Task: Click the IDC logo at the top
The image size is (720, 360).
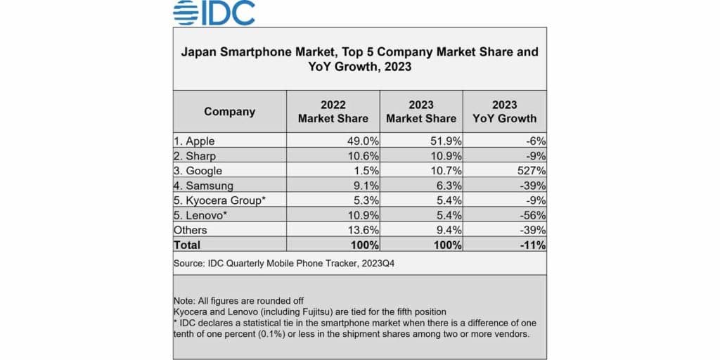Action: point(214,13)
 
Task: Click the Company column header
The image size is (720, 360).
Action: point(229,111)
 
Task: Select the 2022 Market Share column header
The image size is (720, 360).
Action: point(333,111)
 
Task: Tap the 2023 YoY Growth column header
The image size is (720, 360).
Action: point(504,111)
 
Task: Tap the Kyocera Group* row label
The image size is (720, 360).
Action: point(219,200)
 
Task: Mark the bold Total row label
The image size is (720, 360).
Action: point(188,245)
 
